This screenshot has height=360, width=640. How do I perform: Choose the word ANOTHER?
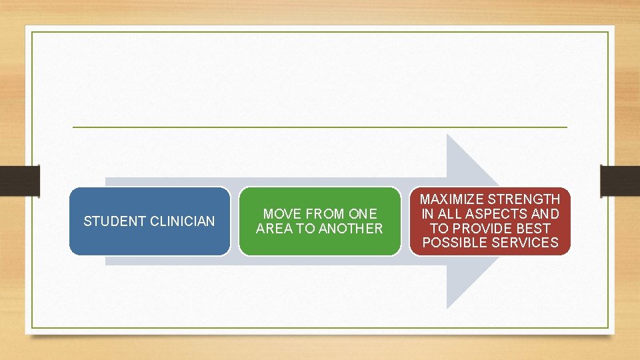click(352, 229)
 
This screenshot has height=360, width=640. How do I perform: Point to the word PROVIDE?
click(487, 229)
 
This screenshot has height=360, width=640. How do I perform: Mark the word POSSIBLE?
click(453, 243)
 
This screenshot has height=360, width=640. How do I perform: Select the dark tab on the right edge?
click(620, 181)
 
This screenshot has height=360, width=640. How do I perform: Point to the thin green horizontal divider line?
click(319, 127)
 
